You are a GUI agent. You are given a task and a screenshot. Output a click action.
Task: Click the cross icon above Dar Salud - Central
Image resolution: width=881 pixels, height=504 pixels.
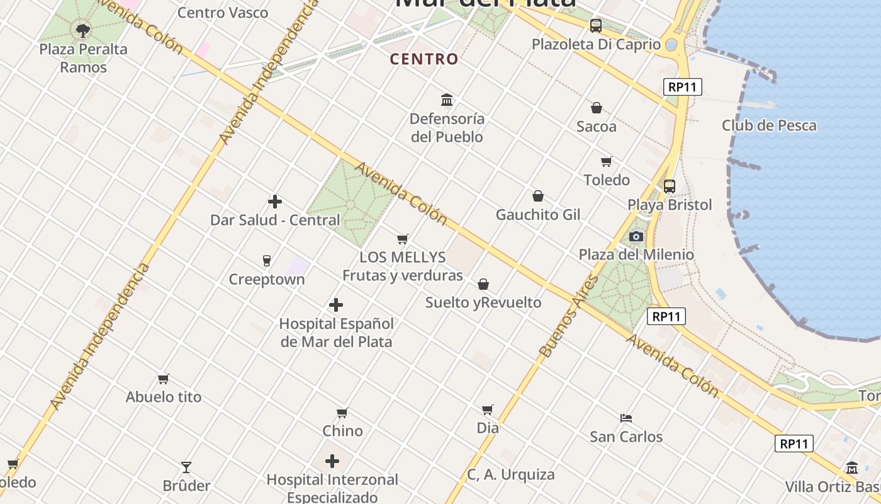(275, 202)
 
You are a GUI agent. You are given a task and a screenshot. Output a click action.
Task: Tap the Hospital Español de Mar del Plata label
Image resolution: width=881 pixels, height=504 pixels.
(336, 333)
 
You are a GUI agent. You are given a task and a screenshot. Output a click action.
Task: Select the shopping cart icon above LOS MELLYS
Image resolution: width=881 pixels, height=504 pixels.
(403, 239)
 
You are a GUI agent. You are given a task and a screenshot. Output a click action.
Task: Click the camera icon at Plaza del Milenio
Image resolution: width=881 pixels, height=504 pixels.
(636, 236)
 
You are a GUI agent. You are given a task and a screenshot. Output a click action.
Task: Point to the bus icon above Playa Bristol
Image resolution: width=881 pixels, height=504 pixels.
(669, 186)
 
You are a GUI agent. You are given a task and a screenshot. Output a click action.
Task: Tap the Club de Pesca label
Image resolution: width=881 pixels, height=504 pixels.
(769, 125)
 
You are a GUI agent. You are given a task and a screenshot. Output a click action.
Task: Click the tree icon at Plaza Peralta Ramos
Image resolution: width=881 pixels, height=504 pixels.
(82, 30)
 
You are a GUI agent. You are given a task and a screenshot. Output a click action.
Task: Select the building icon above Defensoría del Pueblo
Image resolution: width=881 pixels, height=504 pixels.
(447, 100)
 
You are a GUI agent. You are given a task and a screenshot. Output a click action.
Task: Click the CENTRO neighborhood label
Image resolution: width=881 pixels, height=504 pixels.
(424, 59)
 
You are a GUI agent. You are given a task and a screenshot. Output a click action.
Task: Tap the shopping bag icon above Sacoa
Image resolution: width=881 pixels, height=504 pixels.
(596, 108)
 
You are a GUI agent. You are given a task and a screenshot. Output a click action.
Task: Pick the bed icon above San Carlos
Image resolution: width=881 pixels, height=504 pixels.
(626, 418)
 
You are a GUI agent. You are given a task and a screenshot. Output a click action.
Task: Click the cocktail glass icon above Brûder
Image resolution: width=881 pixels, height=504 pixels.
(186, 467)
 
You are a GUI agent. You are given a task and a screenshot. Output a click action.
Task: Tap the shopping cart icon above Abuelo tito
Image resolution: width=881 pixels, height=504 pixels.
(164, 379)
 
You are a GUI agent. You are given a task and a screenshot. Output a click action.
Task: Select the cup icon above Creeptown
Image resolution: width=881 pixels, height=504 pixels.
(266, 260)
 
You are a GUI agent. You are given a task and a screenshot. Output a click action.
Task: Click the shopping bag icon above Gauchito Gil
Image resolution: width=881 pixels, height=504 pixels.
(537, 196)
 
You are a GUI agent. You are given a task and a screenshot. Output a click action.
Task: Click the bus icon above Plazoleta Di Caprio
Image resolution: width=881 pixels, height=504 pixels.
(595, 26)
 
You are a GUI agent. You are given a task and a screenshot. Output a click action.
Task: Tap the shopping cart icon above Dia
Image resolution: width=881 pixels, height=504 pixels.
(487, 409)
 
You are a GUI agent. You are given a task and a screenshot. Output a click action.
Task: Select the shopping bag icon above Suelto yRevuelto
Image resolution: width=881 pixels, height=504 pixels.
(483, 284)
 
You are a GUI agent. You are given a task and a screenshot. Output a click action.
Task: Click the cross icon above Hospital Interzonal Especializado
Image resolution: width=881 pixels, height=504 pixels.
(332, 461)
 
